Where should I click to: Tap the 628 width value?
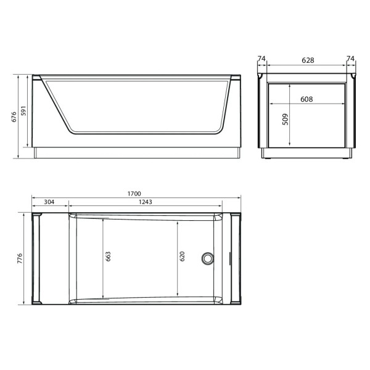(x=308, y=60)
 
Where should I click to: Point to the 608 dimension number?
(x=306, y=99)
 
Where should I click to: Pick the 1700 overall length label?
(x=133, y=194)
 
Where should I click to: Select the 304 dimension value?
(x=50, y=202)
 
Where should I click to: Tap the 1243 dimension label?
(x=145, y=202)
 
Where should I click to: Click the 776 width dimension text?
(x=20, y=258)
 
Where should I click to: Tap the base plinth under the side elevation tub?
(x=136, y=152)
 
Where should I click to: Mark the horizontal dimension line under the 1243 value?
(x=185, y=206)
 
